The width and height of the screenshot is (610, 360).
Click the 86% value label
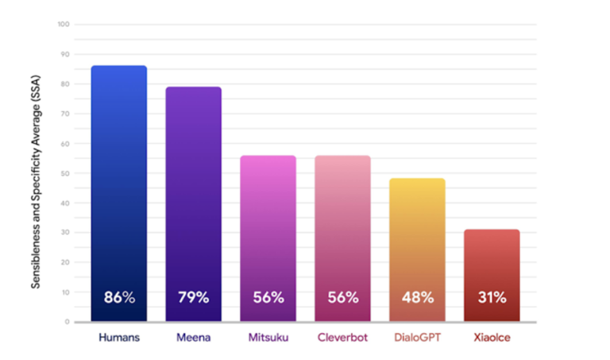pyautogui.click(x=119, y=298)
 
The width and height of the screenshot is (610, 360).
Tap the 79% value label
pyautogui.click(x=193, y=298)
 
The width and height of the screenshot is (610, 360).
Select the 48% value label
pyautogui.click(x=417, y=298)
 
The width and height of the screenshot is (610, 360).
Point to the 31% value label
pyautogui.click(x=492, y=298)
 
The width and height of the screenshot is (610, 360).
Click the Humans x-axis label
pyautogui.click(x=119, y=337)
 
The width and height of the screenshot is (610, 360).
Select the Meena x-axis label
pyautogui.click(x=193, y=337)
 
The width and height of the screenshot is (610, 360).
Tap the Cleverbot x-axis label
pyautogui.click(x=342, y=337)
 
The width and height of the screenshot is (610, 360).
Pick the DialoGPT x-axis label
pyautogui.click(x=417, y=337)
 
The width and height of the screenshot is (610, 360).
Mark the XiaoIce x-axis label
pyautogui.click(x=492, y=337)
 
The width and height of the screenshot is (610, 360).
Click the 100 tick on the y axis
pyautogui.click(x=64, y=25)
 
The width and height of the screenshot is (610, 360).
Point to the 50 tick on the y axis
pyautogui.click(x=65, y=173)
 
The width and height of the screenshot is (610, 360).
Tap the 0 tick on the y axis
pyautogui.click(x=68, y=322)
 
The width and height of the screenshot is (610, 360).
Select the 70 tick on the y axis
pyautogui.click(x=65, y=114)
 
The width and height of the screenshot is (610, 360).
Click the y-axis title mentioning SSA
pyautogui.click(x=37, y=172)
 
